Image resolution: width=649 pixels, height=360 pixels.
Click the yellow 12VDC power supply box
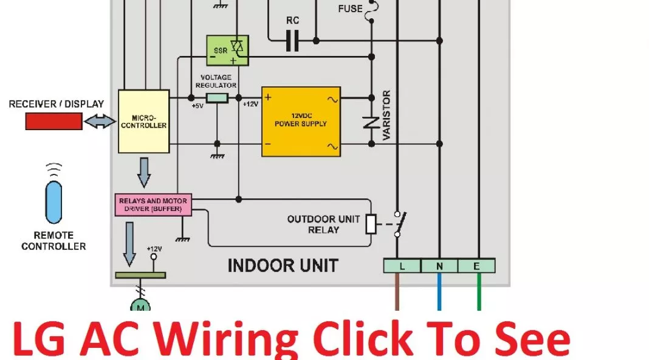click(301, 122)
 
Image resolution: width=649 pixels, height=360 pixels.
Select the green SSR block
click(227, 50)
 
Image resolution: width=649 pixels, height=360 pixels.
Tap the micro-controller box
click(143, 122)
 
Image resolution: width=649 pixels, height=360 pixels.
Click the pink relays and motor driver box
click(153, 205)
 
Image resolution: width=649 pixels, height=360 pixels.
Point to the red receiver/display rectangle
click(54, 122)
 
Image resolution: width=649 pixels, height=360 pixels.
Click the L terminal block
click(402, 266)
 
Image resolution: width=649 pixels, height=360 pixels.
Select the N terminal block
click(439, 266)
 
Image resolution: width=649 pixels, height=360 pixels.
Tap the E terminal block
click(476, 266)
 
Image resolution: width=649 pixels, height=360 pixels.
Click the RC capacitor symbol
click(292, 41)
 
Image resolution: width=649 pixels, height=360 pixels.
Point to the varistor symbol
click(371, 122)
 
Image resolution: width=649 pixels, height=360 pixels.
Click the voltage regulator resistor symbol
click(217, 98)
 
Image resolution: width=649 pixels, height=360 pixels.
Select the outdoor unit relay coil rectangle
click(371, 224)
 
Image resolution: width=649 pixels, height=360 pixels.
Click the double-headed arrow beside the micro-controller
click(100, 122)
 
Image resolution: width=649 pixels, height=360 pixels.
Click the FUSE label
click(350, 9)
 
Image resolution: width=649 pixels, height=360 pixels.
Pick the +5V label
click(197, 106)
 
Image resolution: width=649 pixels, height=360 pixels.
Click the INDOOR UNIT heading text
click(283, 266)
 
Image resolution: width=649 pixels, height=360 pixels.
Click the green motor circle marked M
click(140, 306)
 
